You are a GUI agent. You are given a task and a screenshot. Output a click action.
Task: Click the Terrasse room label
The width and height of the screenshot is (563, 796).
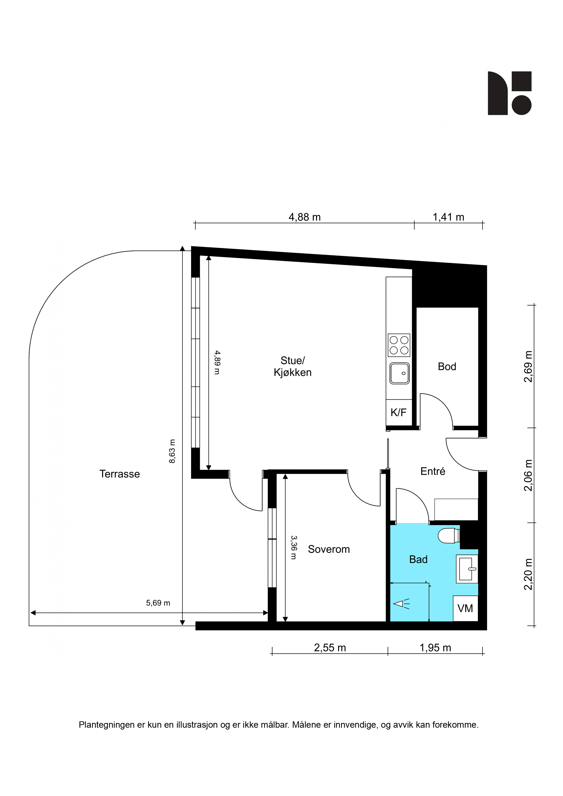(x=120, y=474)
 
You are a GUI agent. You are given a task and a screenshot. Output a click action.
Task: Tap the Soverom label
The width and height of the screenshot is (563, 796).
(x=329, y=549)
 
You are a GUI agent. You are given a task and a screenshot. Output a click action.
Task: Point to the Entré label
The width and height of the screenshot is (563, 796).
(x=432, y=471)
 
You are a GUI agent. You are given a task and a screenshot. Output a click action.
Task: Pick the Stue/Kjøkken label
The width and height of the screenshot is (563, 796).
(x=292, y=366)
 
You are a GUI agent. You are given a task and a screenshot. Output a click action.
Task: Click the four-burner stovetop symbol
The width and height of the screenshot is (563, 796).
(x=399, y=345)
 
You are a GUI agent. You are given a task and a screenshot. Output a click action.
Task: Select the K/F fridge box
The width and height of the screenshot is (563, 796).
(x=399, y=413)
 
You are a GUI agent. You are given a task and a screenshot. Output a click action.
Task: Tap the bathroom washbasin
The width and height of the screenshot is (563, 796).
(x=467, y=569)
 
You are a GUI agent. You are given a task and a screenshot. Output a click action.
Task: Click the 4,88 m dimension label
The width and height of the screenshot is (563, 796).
(x=305, y=217)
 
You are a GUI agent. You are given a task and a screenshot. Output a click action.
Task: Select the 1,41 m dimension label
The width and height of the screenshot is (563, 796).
(x=448, y=217)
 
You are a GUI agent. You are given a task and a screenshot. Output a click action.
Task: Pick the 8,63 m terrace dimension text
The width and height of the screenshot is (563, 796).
(x=172, y=451)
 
